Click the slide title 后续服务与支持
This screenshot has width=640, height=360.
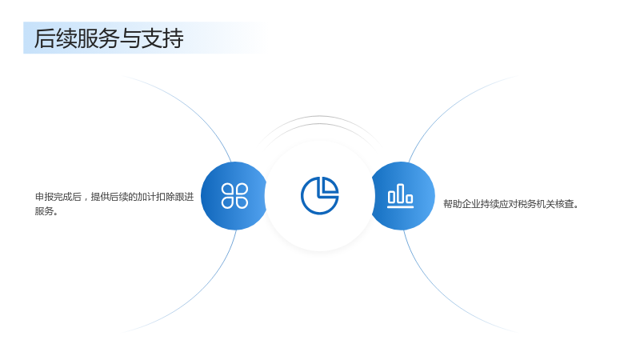point(109,38)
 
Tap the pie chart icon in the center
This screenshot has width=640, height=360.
point(319,195)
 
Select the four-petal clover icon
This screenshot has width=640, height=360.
point(234,195)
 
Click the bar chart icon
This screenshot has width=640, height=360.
point(400,195)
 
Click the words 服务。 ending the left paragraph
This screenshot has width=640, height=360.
point(46,211)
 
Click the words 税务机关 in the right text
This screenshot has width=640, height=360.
point(536,204)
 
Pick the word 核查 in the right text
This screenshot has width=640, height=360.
point(565,204)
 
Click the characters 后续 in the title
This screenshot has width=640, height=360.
point(55,38)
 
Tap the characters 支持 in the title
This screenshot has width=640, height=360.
point(162,38)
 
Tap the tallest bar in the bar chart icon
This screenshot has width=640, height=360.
point(400,193)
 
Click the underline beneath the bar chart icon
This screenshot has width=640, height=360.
point(400,206)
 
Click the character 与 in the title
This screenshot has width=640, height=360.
point(130,38)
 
